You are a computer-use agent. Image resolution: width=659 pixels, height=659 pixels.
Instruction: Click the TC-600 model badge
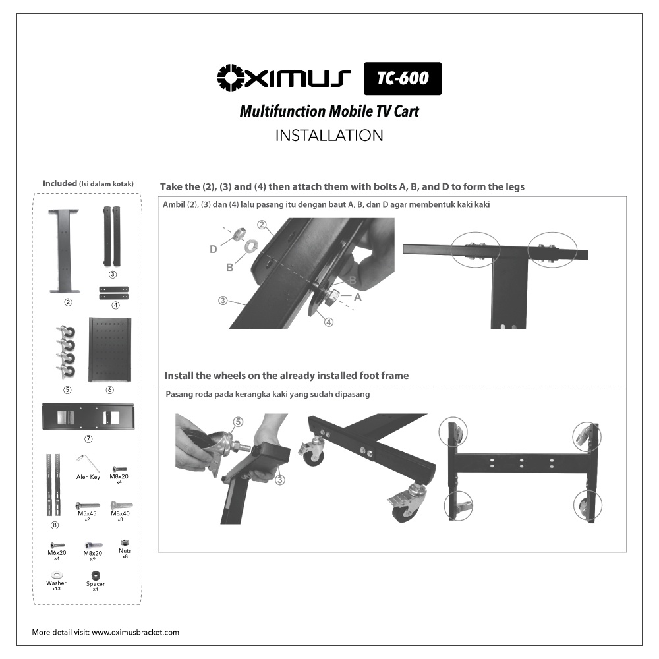coord(402,78)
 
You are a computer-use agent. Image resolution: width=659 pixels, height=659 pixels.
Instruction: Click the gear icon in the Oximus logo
coord(231,77)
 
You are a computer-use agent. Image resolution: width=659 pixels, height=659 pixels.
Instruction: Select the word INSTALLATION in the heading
coord(329,135)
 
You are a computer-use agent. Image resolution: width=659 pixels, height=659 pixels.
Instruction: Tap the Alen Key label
coord(88,477)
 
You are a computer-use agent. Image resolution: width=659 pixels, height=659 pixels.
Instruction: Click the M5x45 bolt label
coord(87,513)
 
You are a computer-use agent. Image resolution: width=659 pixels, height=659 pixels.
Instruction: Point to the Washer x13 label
coord(56,585)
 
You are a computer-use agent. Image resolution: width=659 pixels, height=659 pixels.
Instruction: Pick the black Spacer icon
coord(96,575)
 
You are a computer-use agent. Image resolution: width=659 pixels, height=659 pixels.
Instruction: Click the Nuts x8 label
coord(125,553)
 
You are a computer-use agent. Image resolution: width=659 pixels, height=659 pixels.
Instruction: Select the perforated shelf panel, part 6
coord(109,349)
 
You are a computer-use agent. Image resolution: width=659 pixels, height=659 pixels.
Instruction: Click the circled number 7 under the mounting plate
coord(88,439)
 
